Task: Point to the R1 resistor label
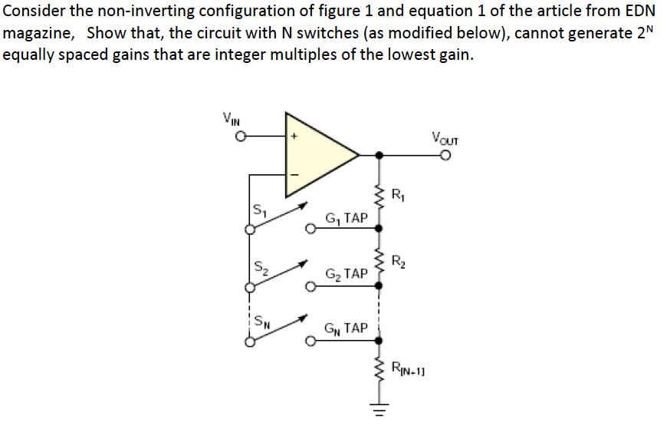(x=397, y=194)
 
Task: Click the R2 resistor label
(x=397, y=260)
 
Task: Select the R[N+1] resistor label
(x=410, y=369)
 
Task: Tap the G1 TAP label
(x=347, y=219)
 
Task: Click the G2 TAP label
(x=347, y=274)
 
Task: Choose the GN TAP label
(x=347, y=328)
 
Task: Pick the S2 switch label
(x=259, y=266)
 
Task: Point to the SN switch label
(x=261, y=320)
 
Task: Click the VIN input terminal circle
(x=240, y=138)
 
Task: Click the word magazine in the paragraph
(x=38, y=35)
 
